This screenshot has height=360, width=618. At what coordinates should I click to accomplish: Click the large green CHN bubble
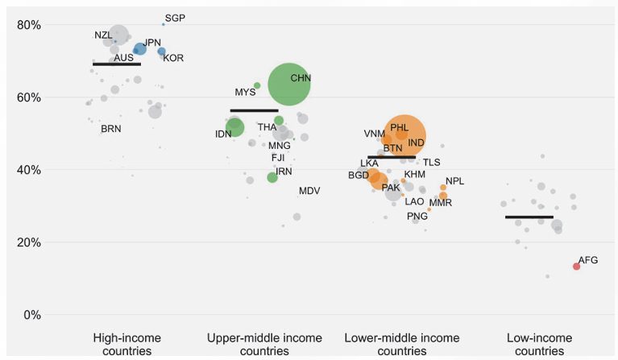(288, 84)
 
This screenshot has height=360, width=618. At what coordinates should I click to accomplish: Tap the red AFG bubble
(576, 267)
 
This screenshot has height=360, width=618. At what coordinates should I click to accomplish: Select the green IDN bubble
(234, 127)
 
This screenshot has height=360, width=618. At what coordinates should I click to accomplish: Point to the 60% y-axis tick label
(29, 97)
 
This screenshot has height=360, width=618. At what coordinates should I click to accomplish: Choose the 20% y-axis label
(29, 242)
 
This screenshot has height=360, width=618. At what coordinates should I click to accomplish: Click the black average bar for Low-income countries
(529, 217)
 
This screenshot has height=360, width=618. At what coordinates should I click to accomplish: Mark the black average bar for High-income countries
(117, 64)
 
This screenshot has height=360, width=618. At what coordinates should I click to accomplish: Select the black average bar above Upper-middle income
(254, 110)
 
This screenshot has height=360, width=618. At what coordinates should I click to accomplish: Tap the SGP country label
(175, 18)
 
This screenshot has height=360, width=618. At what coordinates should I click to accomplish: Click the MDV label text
(309, 191)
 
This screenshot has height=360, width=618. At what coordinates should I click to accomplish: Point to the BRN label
(111, 129)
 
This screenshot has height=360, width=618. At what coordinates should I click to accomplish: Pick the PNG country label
(417, 216)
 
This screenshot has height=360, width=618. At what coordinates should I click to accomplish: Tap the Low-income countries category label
(533, 344)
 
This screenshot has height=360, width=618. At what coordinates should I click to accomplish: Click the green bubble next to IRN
(272, 177)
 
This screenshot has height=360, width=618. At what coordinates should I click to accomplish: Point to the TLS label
(432, 162)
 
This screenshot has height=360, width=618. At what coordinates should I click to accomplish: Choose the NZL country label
(103, 35)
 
